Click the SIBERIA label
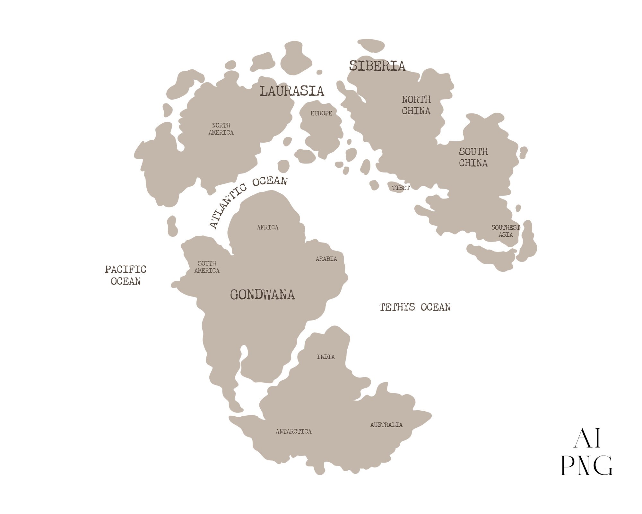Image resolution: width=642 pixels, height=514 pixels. (377, 66)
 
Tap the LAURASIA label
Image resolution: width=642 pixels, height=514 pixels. (291, 91)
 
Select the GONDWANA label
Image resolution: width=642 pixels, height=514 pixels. (262, 295)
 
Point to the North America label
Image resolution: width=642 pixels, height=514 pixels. (221, 129)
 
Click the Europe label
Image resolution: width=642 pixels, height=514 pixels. (321, 113)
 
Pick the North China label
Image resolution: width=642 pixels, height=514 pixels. (416, 105)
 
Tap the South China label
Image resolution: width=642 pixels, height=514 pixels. (473, 157)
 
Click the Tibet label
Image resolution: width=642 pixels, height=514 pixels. (401, 188)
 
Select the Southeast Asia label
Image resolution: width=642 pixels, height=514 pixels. (505, 231)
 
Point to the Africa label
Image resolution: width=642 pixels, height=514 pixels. (267, 227)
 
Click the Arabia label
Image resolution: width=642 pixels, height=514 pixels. (326, 259)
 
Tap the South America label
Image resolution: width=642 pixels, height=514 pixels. (207, 267)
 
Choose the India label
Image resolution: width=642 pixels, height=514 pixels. (325, 357)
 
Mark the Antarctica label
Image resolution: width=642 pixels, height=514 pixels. (293, 431)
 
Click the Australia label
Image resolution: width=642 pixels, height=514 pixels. (386, 425)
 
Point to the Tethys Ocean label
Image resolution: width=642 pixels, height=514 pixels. (415, 307)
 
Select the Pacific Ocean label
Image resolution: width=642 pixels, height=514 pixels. (126, 275)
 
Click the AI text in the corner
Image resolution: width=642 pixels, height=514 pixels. (587, 439)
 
